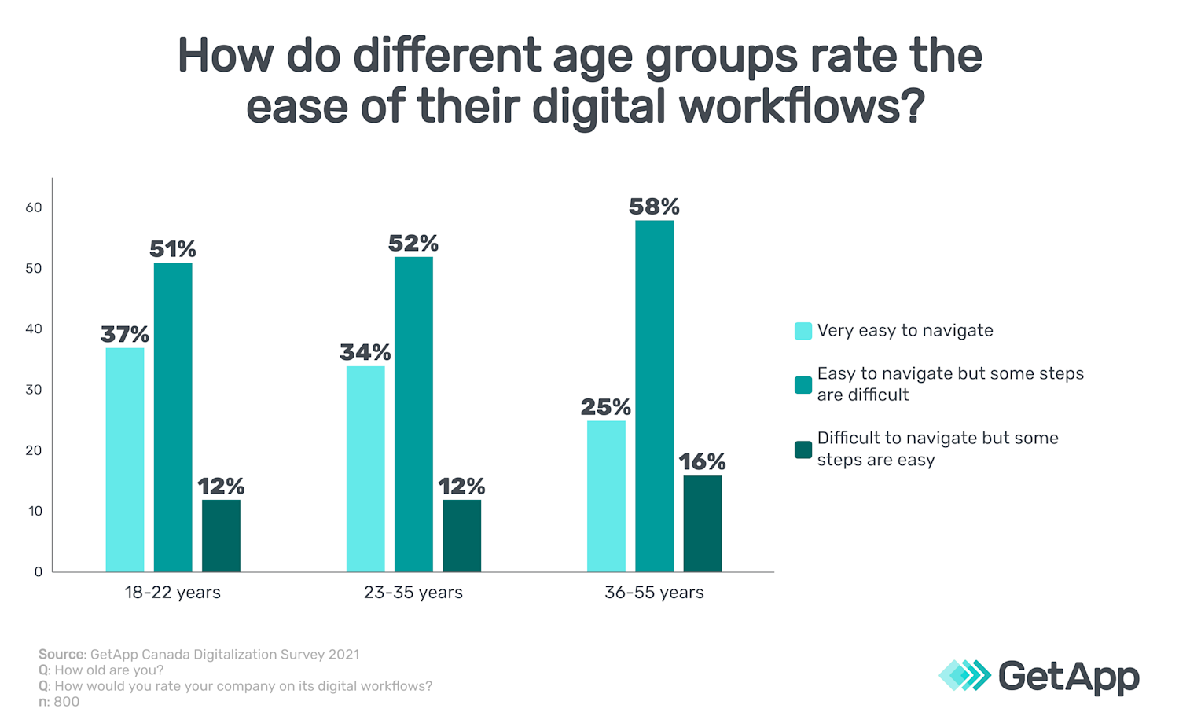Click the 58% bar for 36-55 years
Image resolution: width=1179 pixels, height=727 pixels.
[x=654, y=396]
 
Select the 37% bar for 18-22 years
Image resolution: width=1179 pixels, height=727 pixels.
[x=125, y=460]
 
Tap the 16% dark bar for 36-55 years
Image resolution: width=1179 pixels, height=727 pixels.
[x=702, y=523]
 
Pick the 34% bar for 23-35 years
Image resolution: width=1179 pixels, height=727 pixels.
[x=365, y=469]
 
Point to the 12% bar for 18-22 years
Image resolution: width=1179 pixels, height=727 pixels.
[x=221, y=535]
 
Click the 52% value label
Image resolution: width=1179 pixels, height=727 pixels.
[x=413, y=244]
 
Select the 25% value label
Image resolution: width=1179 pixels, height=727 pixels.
[x=605, y=407]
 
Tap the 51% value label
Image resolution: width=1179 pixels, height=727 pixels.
[x=173, y=250]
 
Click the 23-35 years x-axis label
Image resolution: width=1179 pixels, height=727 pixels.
[x=413, y=593]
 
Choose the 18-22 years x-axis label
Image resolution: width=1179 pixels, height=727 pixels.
[x=172, y=593]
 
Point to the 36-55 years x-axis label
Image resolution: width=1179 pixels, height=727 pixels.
[x=654, y=593]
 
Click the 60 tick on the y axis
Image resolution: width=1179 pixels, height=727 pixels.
[x=34, y=207]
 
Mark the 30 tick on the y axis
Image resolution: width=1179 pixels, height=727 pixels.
[x=34, y=390]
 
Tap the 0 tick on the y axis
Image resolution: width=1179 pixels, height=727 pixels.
[x=38, y=572]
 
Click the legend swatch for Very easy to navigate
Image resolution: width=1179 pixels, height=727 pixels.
[x=803, y=331]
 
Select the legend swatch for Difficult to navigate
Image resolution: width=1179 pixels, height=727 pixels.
[x=803, y=450]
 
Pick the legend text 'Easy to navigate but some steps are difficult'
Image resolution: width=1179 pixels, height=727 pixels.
[x=949, y=384]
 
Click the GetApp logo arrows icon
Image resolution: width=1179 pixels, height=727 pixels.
[x=964, y=676]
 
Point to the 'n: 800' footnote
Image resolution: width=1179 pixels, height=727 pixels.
[x=59, y=702]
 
